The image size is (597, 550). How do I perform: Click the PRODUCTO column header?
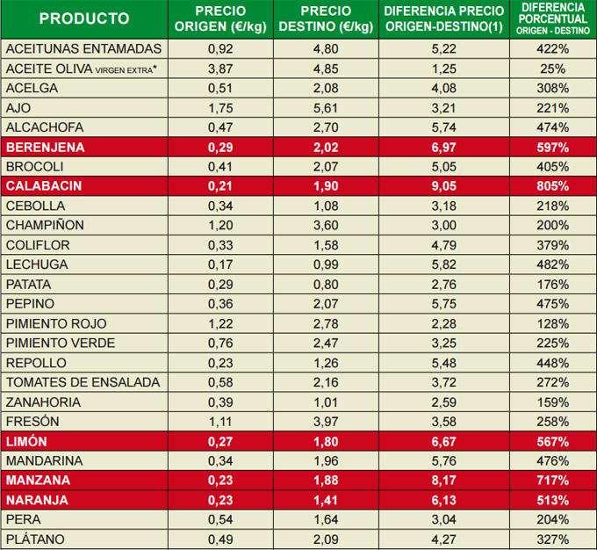tap(84, 18)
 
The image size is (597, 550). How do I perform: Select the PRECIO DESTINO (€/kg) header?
tap(326, 18)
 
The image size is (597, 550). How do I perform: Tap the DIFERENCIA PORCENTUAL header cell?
tap(553, 18)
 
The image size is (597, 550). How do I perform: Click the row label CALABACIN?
tap(43, 186)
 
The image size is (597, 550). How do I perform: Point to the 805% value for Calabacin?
tap(553, 186)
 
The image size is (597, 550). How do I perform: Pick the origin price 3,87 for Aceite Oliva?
tap(220, 69)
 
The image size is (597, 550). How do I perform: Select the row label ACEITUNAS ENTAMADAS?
tap(83, 49)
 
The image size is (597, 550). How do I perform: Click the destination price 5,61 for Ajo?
tap(326, 108)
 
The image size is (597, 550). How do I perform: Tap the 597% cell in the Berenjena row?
tap(553, 148)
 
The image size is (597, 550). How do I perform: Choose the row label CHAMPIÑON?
tap(47, 226)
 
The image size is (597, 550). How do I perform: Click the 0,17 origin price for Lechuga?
tap(220, 264)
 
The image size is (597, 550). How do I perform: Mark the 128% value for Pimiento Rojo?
tap(553, 323)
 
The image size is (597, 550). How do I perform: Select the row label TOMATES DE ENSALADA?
tap(83, 382)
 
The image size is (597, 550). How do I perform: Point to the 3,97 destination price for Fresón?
tap(326, 422)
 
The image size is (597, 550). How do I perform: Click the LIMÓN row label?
tap(26, 441)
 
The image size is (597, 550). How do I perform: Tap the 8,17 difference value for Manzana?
tap(444, 481)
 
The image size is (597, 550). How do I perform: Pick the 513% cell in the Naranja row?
tap(553, 500)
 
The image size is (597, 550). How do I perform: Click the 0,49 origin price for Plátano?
tap(220, 539)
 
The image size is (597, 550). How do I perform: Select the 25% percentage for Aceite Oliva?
tap(553, 69)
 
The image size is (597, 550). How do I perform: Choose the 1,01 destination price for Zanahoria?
tap(326, 402)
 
